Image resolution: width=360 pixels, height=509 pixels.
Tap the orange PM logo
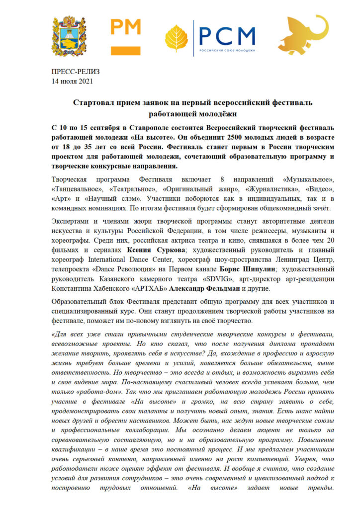click(125, 36)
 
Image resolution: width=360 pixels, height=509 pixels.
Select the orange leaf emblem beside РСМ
click(177, 39)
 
